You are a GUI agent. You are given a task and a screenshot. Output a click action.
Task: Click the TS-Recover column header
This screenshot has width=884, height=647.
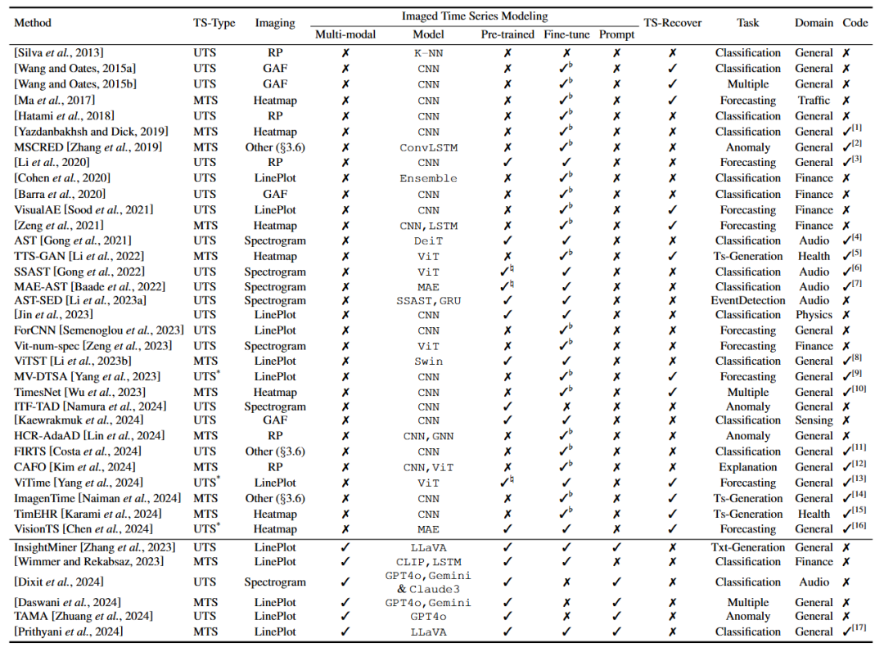pos(672,23)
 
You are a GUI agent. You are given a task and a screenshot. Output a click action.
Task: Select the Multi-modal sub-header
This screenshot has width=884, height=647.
pos(342,34)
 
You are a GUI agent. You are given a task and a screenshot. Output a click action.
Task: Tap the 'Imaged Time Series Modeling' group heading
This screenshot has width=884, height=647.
pos(475,16)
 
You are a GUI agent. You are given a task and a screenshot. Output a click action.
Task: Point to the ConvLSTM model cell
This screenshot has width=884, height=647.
pos(428,147)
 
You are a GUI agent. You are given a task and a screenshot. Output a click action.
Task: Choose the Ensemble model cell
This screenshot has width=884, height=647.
pos(428,178)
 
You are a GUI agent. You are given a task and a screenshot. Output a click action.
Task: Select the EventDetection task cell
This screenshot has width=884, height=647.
pos(747,300)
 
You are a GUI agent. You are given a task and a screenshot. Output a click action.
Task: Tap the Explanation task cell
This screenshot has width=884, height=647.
pos(747,467)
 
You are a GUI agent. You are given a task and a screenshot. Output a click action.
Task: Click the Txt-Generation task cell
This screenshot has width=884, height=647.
pos(747,546)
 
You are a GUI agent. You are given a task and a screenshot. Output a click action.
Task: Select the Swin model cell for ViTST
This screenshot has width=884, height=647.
pos(428,361)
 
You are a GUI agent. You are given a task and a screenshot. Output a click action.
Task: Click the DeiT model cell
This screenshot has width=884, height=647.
pos(428,240)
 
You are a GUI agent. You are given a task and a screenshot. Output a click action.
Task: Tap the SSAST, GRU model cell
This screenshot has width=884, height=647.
pos(428,300)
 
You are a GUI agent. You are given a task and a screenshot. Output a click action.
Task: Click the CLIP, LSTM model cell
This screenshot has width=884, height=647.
pos(428,562)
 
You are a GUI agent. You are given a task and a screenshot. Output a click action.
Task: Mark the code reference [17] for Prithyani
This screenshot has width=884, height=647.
pos(856,631)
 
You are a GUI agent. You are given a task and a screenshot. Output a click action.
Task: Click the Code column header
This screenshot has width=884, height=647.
pos(855,23)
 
